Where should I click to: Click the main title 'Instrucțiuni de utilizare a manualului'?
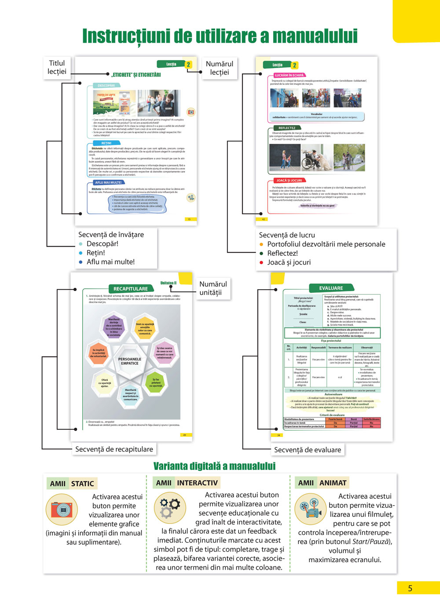pos(220,36)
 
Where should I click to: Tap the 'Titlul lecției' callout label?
pos(57,67)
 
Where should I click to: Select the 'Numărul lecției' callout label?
pos(220,68)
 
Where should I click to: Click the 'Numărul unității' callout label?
pos(213,288)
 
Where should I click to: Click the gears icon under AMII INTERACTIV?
pos(169,508)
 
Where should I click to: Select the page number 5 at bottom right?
pos(410,589)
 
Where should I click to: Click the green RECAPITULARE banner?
pos(131,289)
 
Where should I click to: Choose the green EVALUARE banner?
pos(331,288)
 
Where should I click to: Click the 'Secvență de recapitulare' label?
pos(114,449)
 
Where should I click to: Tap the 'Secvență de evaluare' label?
pos(308,450)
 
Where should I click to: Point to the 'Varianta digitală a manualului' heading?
pos(214,466)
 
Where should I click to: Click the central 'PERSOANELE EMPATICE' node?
pos(130,361)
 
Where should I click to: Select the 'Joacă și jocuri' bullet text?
pos(289,262)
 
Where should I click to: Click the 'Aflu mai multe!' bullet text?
pos(110,262)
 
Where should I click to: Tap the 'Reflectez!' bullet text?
pos(282,253)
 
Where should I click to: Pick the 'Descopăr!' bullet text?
pos(102,244)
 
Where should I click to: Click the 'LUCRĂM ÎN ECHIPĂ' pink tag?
pos(289,75)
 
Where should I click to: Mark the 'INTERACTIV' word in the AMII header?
pos(197,483)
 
